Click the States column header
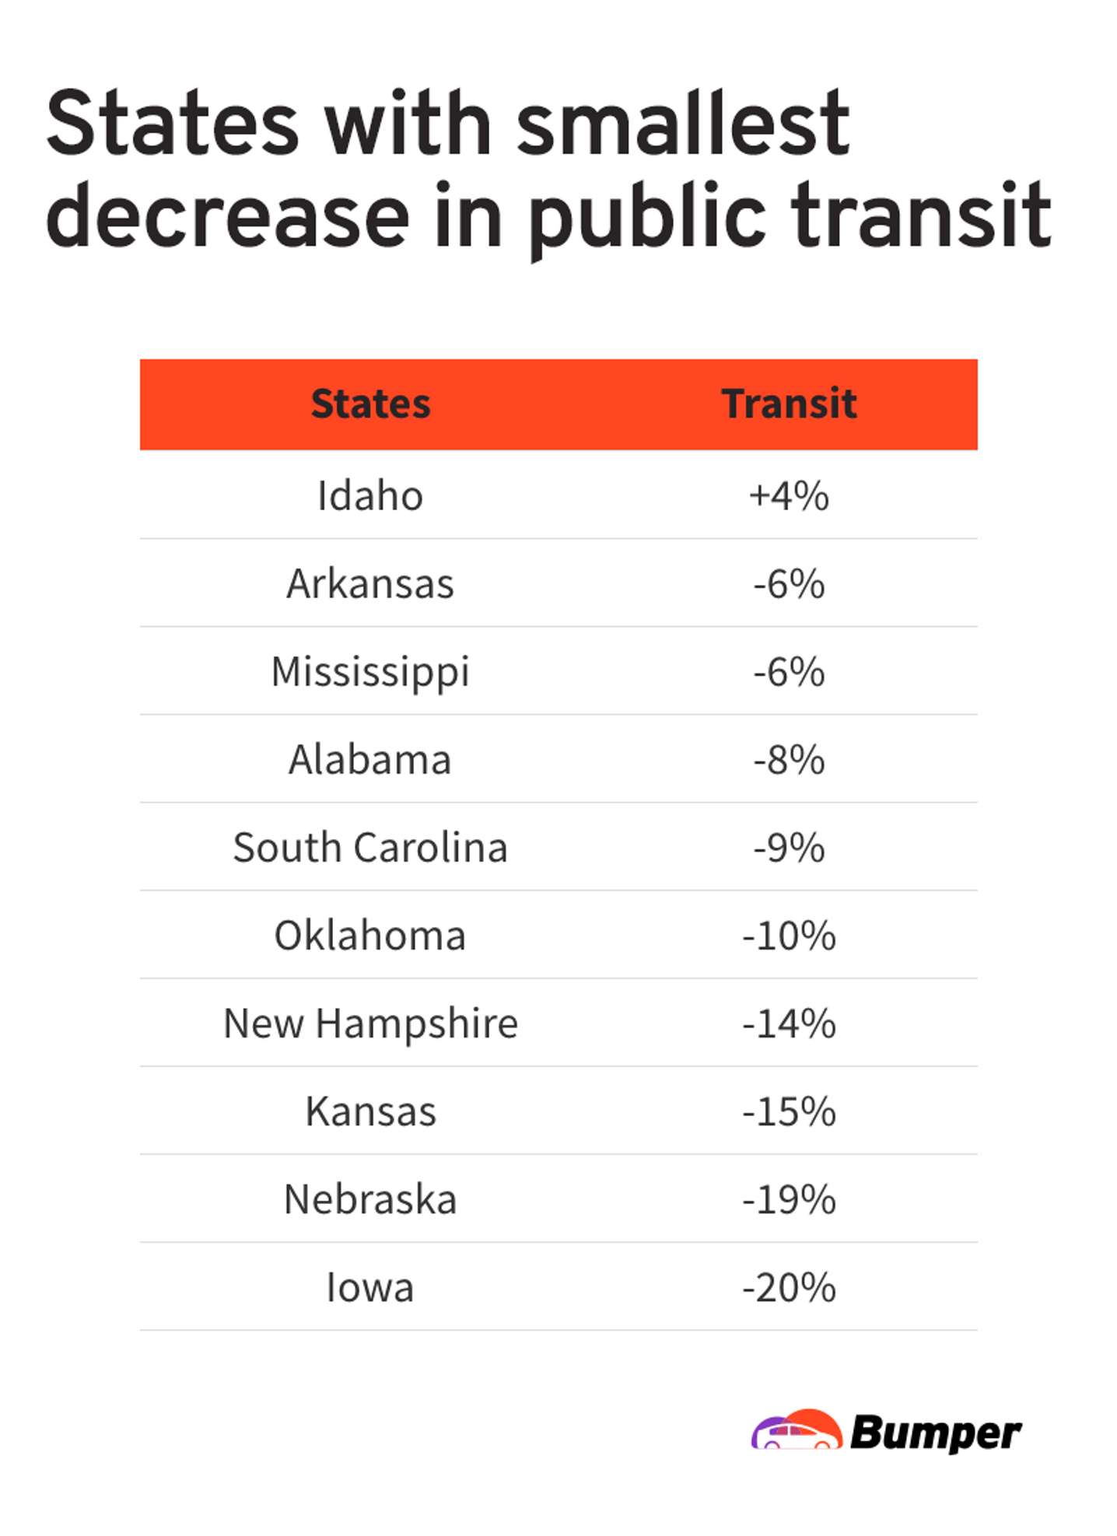tap(370, 404)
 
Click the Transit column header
tap(788, 404)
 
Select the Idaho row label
tap(370, 495)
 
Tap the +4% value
tap(788, 495)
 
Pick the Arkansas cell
tap(370, 583)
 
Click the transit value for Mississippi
tap(788, 671)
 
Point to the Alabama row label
tap(370, 759)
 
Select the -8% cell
tap(788, 759)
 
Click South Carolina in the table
tap(370, 847)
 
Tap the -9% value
tap(788, 847)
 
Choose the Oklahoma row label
tap(370, 935)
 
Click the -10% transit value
tap(788, 935)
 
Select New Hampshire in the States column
tap(370, 1023)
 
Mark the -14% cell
tap(788, 1023)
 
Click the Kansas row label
tap(370, 1111)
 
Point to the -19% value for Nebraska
tap(788, 1198)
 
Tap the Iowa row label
tap(370, 1286)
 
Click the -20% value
tap(788, 1286)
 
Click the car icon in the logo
tap(796, 1431)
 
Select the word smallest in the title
tap(682, 124)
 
